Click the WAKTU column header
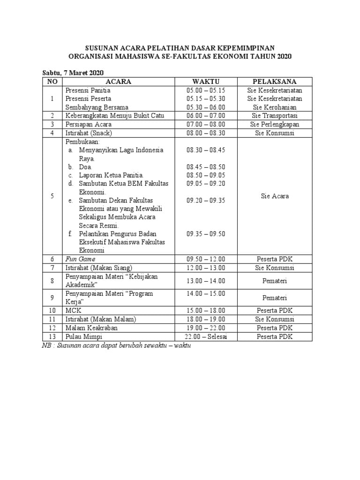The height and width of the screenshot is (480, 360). click(206, 82)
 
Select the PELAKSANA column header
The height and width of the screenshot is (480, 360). click(275, 82)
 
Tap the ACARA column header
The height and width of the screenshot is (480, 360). click(119, 82)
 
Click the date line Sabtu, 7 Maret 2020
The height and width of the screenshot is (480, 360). click(73, 73)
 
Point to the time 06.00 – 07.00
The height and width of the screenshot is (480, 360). click(206, 116)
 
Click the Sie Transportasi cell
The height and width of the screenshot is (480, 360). click(275, 116)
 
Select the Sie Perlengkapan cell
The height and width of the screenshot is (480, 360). click(275, 124)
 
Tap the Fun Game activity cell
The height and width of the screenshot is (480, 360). click(80, 259)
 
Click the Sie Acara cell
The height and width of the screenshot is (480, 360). click(275, 196)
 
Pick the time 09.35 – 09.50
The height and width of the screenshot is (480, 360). click(206, 234)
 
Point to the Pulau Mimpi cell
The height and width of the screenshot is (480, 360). click(84, 337)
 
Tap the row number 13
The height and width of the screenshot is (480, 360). click(52, 337)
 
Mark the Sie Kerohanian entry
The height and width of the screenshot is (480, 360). click(275, 107)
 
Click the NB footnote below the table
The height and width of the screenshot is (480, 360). click(117, 346)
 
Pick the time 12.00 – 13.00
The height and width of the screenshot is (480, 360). click(206, 268)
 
